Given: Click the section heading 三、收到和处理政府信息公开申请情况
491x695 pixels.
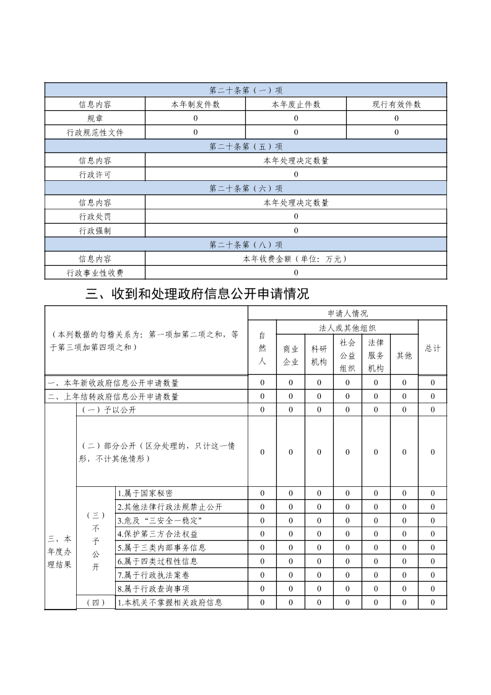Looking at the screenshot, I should tap(197, 294).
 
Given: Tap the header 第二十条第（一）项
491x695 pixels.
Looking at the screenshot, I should tap(246, 90).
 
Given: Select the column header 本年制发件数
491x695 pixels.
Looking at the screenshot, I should tap(196, 105).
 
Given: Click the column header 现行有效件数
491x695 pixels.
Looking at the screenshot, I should tap(396, 105).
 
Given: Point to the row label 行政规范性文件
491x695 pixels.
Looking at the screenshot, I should tap(95, 132).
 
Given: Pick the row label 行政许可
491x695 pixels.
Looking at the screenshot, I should tap(95, 175).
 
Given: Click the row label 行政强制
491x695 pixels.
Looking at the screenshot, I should tap(95, 230).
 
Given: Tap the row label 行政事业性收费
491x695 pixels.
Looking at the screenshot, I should tap(95, 273).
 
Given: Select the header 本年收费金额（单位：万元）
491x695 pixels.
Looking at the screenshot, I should tap(296, 259).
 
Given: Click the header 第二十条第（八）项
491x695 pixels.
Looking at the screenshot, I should tap(246, 245).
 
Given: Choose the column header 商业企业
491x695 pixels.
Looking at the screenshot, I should tap(291, 355).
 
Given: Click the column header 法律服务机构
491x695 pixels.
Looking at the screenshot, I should tap(376, 355).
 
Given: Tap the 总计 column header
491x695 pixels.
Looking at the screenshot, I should tap(433, 348).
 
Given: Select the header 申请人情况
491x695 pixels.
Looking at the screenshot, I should tap(347, 313).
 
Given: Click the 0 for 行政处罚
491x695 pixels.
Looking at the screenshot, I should tap(296, 217).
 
